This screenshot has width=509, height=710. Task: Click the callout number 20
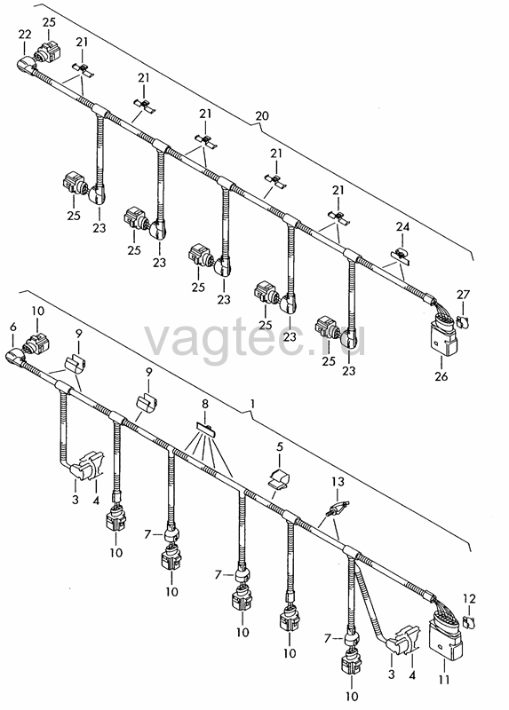261,116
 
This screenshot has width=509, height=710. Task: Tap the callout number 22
25,34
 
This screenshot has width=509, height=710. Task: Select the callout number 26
441,375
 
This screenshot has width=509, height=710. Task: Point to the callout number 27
463,295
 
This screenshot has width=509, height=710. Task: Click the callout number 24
402,226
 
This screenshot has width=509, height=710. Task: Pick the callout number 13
338,482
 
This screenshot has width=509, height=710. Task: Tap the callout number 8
205,404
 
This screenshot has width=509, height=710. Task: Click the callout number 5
280,447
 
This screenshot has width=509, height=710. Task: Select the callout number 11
444,679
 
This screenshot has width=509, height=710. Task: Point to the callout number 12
470,599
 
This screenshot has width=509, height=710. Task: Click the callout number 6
12,327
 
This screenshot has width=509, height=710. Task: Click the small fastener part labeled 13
338,508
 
